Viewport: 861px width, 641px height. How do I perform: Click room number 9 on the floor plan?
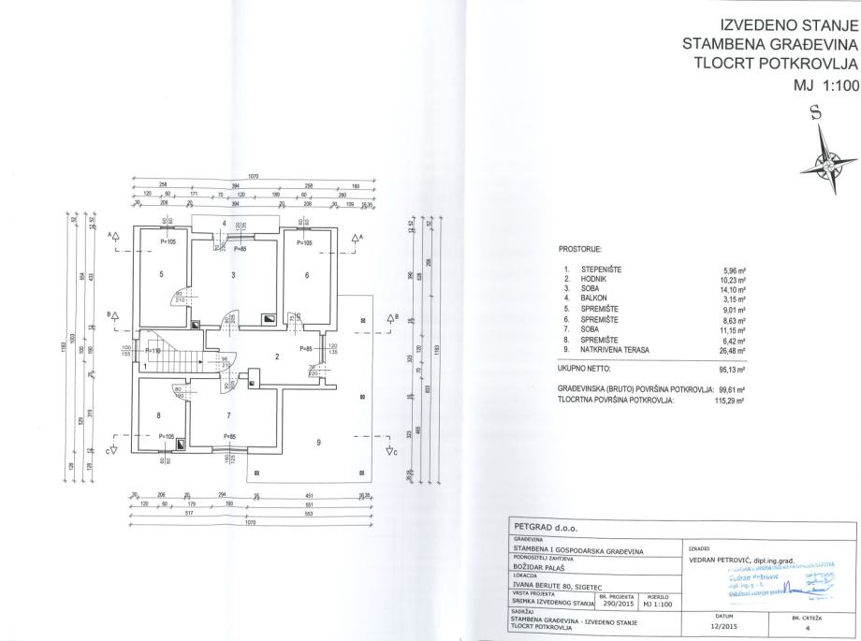pyautogui.click(x=320, y=443)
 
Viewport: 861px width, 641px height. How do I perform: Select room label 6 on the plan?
pyautogui.click(x=307, y=275)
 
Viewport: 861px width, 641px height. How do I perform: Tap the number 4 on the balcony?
pyautogui.click(x=225, y=223)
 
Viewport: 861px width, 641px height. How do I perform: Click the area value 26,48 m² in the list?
pyautogui.click(x=733, y=351)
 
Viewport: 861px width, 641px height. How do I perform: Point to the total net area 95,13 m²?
pyautogui.click(x=733, y=369)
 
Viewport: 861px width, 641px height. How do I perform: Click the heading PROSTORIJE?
pyautogui.click(x=580, y=252)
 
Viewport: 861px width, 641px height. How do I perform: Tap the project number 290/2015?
pyautogui.click(x=617, y=605)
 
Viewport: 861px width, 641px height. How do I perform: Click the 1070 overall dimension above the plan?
pyautogui.click(x=253, y=176)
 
